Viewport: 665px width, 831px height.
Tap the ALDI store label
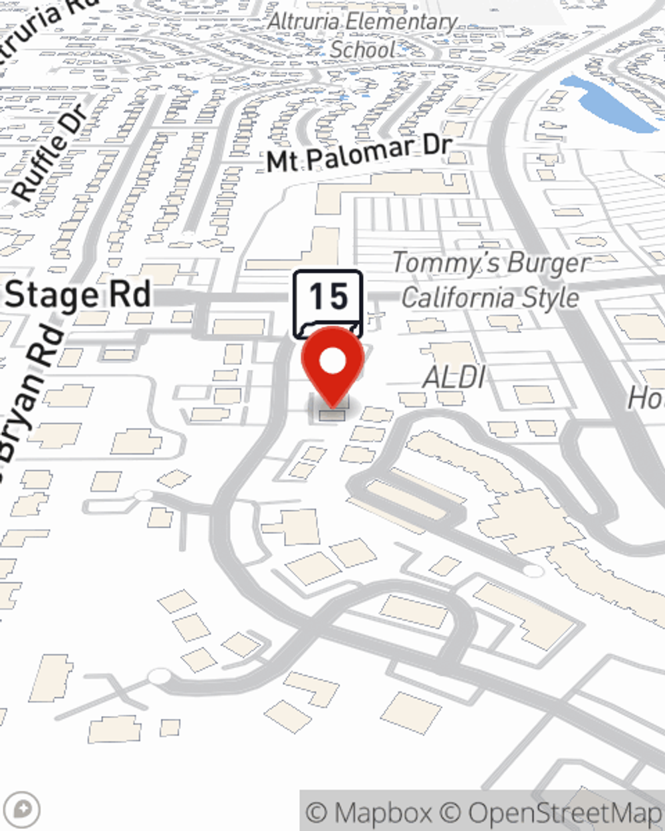454,378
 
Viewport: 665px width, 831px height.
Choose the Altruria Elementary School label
362,35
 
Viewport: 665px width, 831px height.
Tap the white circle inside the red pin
332,362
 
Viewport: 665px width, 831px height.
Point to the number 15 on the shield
329,296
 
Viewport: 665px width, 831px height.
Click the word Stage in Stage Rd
50,295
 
